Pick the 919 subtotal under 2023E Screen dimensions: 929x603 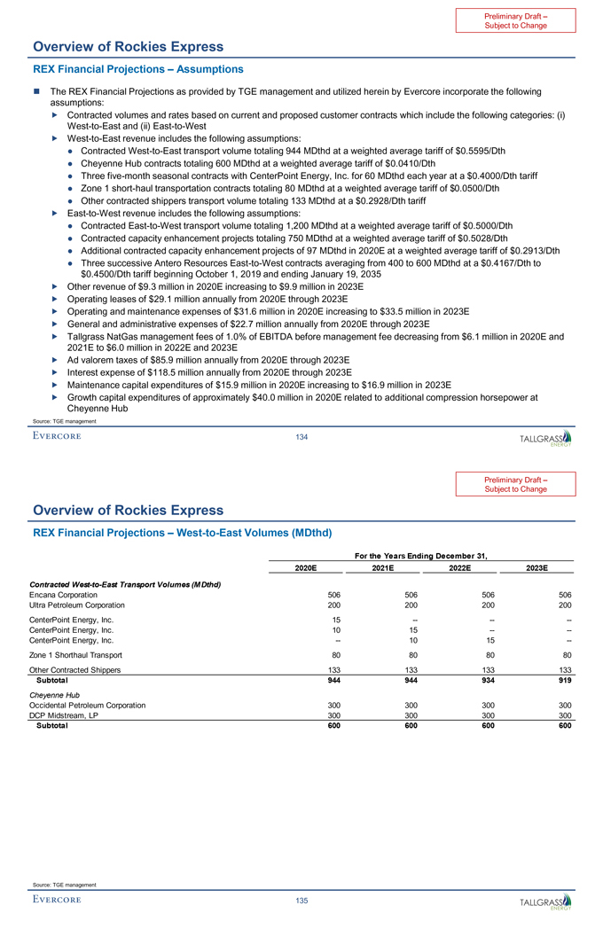pyautogui.click(x=564, y=681)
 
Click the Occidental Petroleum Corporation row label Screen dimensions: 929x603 pyautogui.click(x=88, y=704)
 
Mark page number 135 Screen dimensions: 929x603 pyautogui.click(x=301, y=902)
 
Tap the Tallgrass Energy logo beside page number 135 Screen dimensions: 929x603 pyautogui.click(x=546, y=902)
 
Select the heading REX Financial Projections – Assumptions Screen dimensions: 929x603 pyautogui.click(x=137, y=68)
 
